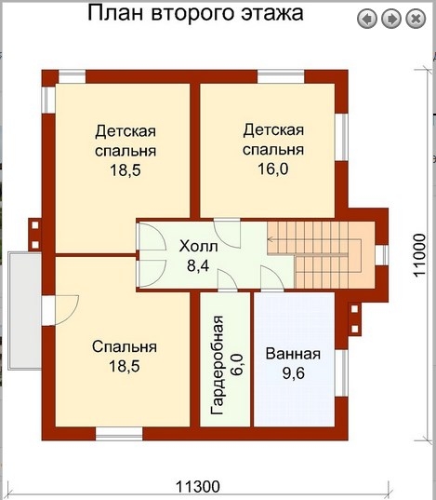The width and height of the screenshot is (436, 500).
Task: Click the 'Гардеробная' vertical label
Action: click(x=215, y=354)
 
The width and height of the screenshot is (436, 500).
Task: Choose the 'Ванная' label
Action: click(x=293, y=354)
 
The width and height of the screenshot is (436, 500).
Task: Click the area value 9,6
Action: click(x=293, y=374)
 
